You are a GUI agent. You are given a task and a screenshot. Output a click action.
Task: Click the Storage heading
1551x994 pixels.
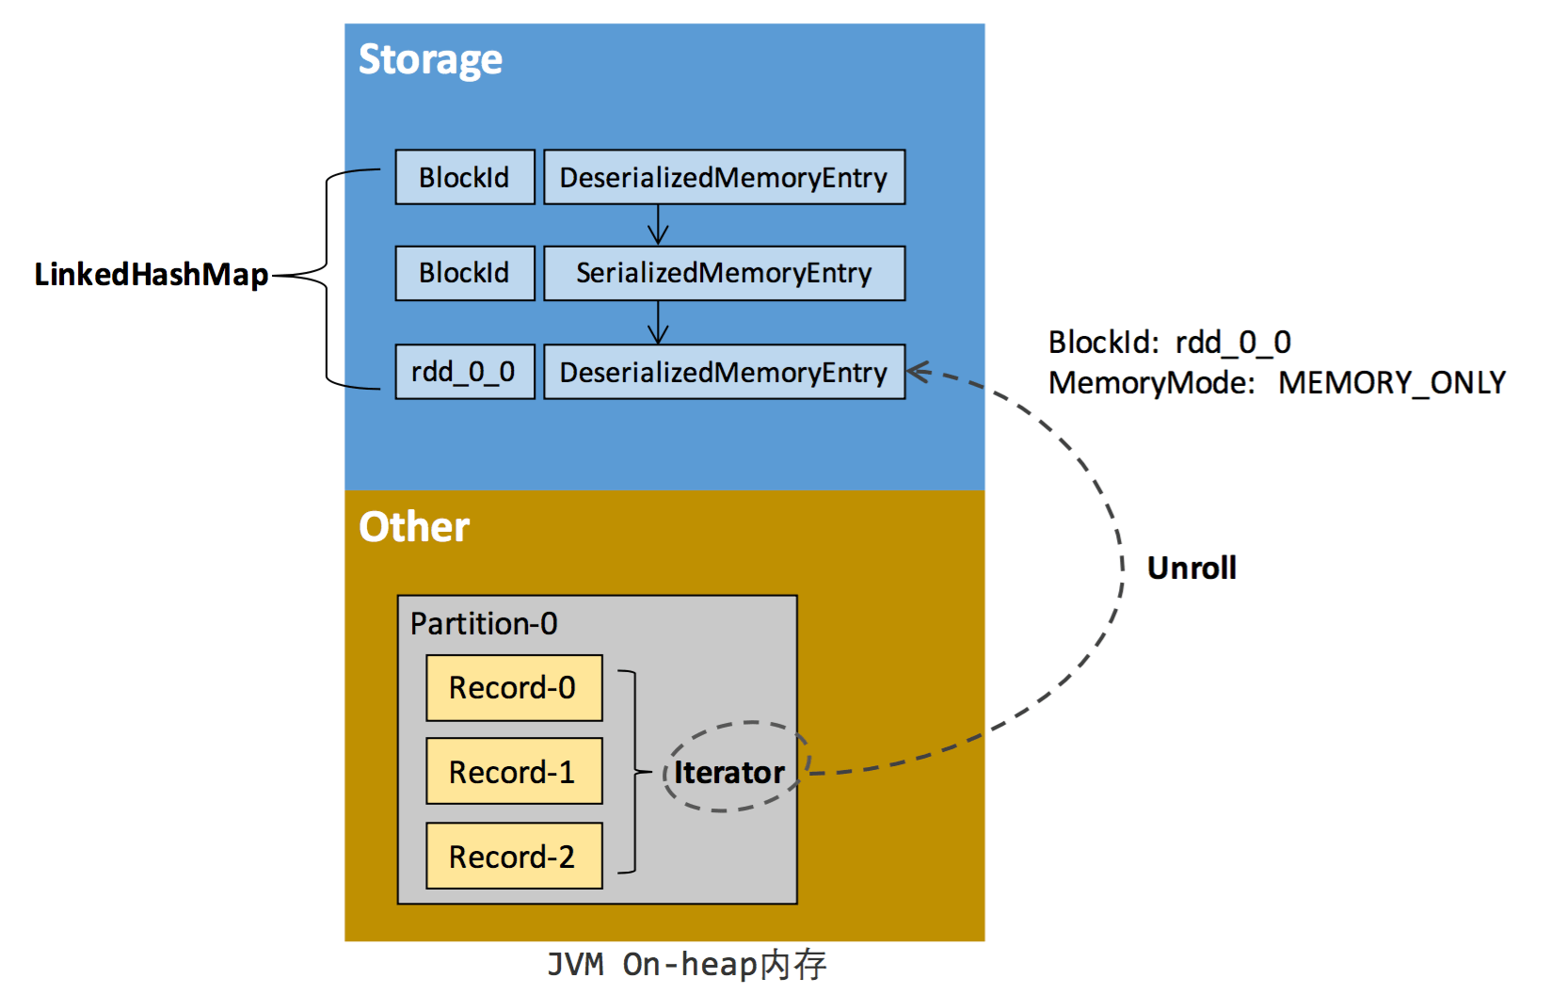430,60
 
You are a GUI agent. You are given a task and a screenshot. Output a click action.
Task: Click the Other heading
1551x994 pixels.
414,527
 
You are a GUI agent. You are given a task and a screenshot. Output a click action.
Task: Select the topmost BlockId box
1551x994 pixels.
465,177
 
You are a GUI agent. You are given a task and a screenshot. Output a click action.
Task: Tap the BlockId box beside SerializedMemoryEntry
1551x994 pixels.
465,273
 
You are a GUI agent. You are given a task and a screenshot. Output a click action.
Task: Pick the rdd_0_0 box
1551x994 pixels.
465,372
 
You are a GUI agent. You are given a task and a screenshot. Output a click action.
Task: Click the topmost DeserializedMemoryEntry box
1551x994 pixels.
724,177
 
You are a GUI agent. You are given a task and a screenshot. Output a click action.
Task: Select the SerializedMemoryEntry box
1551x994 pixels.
724,273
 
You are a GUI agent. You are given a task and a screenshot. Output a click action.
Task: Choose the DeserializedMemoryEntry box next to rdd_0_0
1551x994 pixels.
724,372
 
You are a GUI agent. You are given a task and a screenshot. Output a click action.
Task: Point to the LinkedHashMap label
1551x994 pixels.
152,275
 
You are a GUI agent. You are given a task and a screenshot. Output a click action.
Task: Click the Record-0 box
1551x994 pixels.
514,688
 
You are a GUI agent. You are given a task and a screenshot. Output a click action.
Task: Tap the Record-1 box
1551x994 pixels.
514,772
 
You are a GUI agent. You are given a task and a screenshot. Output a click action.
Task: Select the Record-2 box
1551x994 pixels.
514,857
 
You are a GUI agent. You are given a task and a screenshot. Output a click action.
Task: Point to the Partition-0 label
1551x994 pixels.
484,624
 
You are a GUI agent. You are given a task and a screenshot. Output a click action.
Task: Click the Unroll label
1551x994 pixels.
1191,569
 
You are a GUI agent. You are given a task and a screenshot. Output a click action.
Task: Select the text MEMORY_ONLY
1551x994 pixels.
1391,383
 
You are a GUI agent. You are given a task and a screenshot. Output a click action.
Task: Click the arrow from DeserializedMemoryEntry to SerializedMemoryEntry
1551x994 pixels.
659,225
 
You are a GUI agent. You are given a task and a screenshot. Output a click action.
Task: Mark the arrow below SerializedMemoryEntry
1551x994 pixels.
659,323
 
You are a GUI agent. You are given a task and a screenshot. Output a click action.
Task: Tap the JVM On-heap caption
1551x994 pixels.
687,965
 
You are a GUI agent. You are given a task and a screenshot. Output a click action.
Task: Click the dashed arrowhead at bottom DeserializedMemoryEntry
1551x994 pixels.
919,372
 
